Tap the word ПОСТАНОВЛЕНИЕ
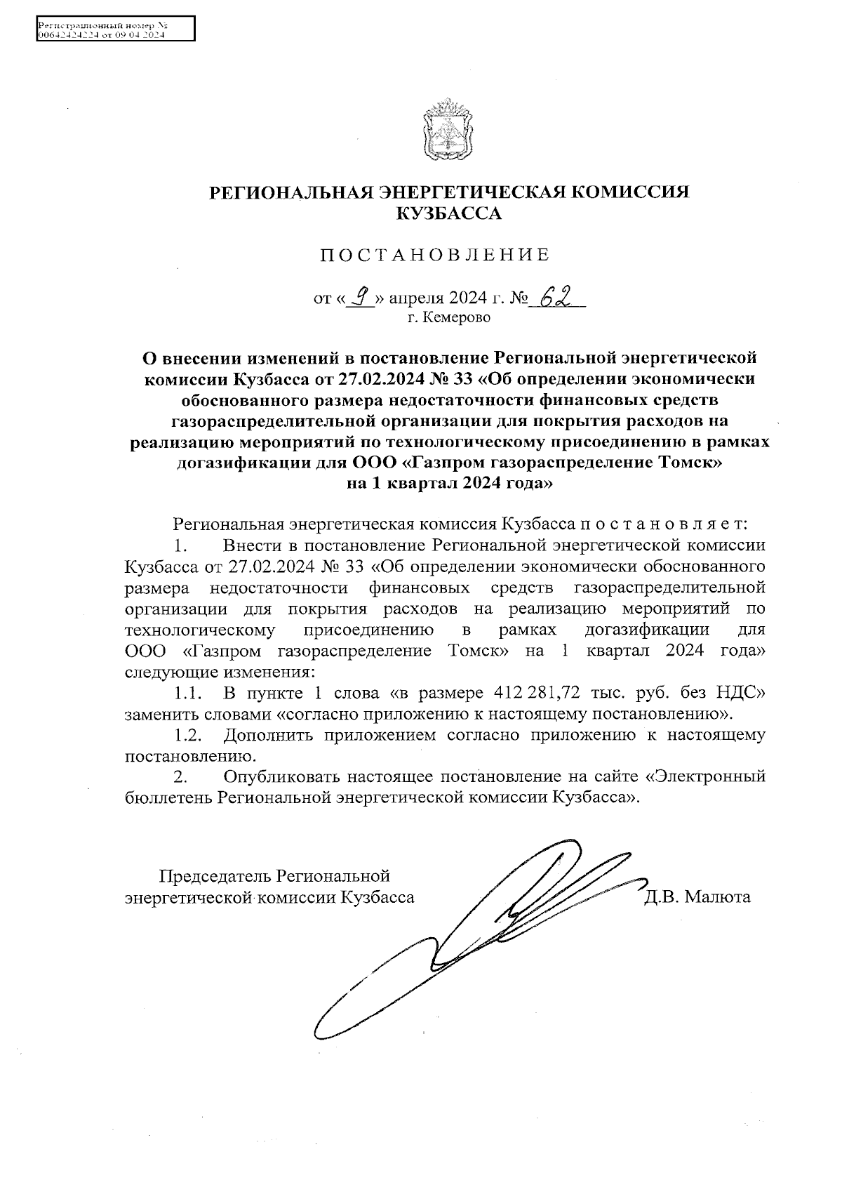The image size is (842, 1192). pyautogui.click(x=435, y=255)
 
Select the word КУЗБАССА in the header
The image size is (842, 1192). pyautogui.click(x=449, y=214)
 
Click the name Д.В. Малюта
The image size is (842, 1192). pyautogui.click(x=697, y=897)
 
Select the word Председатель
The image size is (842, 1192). pyautogui.click(x=216, y=876)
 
